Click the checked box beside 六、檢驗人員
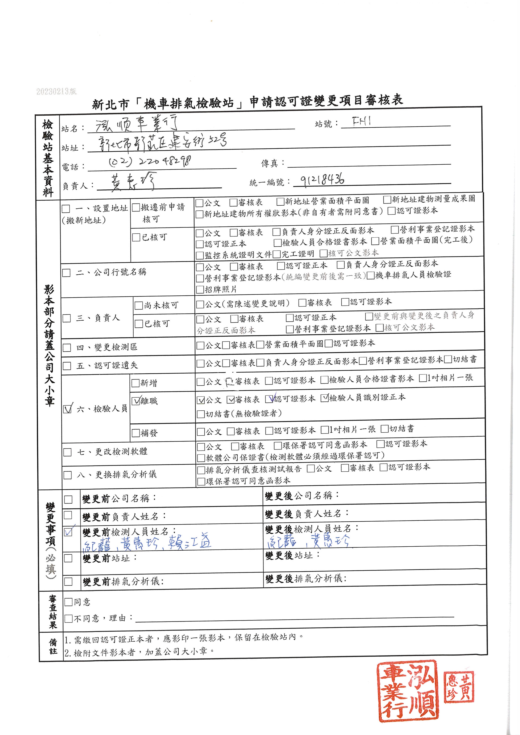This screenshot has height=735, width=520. coord(67,409)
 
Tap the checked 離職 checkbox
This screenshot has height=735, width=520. coord(136,401)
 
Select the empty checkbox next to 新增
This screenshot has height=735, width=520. coord(136,383)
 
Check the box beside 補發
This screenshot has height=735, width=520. coord(136,433)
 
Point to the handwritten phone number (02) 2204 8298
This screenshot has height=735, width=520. coord(150,162)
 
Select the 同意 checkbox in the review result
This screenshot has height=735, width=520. coord(68,602)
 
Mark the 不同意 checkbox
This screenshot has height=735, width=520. coord(68,618)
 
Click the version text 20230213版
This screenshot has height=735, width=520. coord(56,92)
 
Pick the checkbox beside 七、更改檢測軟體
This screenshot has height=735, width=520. coord(68,452)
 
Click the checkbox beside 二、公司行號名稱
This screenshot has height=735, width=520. coord(66,273)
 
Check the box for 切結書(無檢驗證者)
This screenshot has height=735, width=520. coord(201,414)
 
